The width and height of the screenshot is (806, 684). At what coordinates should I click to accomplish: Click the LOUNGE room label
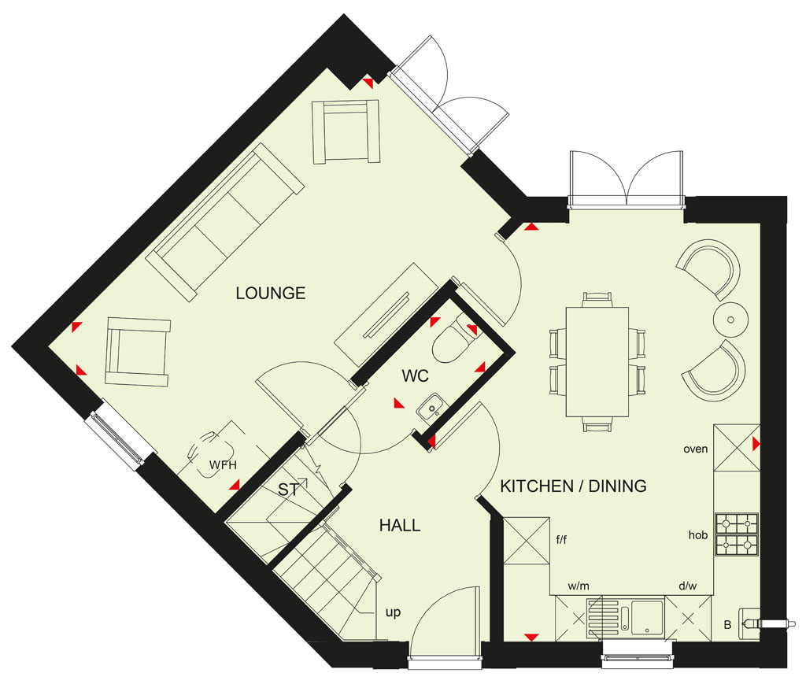tap(271, 293)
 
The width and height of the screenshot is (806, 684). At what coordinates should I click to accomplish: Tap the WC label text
tap(416, 375)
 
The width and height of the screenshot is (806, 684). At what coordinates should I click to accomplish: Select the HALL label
tap(400, 525)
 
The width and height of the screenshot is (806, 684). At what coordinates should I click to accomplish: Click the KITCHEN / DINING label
tap(573, 486)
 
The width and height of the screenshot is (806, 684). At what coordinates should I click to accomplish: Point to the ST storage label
tap(288, 490)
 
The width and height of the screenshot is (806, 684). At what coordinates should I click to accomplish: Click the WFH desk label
tap(223, 465)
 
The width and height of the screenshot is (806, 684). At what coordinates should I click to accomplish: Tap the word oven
tap(696, 449)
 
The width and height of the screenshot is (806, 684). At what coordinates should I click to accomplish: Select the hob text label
tap(698, 535)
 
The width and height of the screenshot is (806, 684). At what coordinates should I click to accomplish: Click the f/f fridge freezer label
tap(561, 540)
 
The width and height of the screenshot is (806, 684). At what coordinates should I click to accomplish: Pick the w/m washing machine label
tap(579, 586)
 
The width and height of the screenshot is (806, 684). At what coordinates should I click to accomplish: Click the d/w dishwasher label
tap(688, 586)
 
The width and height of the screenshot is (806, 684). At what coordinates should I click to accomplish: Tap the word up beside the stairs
tap(394, 612)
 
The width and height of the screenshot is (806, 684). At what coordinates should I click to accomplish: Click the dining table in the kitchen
tap(597, 362)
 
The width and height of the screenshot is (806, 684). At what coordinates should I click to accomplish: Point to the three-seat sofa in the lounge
tap(224, 221)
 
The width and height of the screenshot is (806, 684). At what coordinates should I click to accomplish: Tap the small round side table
tap(730, 320)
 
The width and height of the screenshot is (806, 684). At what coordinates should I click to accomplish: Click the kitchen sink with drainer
tap(624, 617)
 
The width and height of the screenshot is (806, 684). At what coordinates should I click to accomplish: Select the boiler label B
tap(727, 625)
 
